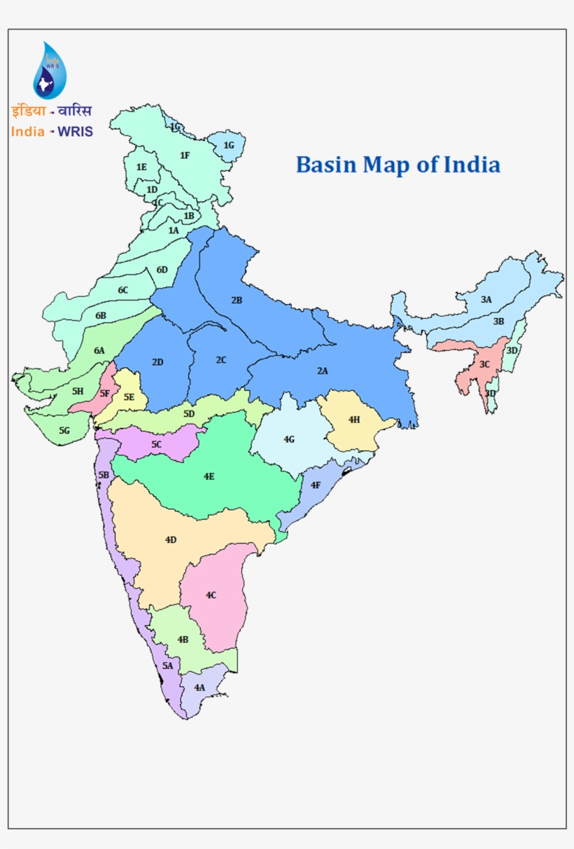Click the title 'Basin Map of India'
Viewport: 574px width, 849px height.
(398, 165)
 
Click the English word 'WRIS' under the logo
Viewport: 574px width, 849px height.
(75, 131)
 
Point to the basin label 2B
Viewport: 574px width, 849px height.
(237, 301)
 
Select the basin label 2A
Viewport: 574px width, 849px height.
(322, 371)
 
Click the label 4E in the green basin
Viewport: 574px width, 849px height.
(209, 476)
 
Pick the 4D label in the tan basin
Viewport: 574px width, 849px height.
(171, 539)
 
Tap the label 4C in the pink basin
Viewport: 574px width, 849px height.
(211, 595)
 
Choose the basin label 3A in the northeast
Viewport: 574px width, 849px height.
(486, 299)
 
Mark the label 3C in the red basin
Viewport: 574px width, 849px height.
(484, 364)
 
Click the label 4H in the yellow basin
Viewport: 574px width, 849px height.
(353, 420)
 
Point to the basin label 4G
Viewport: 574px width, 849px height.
(289, 439)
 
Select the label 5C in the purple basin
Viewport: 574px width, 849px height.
(157, 444)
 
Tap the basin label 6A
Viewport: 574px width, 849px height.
(99, 350)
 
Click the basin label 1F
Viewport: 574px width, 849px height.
(185, 155)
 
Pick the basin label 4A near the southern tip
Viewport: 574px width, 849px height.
(199, 687)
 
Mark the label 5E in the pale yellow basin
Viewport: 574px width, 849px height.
(129, 397)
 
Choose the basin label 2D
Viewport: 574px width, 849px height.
(157, 362)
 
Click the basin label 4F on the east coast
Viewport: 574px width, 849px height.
(316, 485)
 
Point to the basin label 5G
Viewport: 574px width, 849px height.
(64, 429)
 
